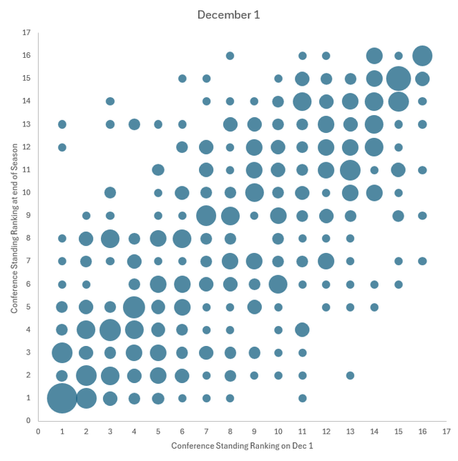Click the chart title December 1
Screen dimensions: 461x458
(229, 14)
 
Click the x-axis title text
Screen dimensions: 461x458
(242, 445)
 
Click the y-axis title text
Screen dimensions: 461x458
(14, 227)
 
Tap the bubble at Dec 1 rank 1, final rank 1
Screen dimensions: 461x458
(62, 398)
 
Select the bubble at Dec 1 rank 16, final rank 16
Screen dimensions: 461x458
(422, 55)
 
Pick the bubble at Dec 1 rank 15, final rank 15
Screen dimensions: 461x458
(399, 78)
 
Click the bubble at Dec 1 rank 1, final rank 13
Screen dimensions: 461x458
(62, 124)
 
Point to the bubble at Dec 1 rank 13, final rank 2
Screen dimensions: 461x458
(350, 375)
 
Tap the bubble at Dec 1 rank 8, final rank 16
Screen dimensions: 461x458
(230, 55)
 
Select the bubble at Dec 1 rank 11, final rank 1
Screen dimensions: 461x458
(302, 398)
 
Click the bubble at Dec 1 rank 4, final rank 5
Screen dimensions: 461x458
(134, 307)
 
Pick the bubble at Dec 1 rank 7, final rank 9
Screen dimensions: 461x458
(206, 215)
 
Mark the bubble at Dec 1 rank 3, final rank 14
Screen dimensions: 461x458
(110, 101)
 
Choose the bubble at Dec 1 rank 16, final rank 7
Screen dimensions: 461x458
(422, 261)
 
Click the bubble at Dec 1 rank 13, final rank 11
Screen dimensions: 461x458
(350, 170)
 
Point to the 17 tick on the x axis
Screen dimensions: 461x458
(446, 432)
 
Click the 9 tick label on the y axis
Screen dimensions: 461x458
(26, 215)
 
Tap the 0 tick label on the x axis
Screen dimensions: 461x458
(39, 432)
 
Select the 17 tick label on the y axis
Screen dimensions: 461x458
(26, 32)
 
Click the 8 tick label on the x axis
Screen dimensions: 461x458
(230, 432)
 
